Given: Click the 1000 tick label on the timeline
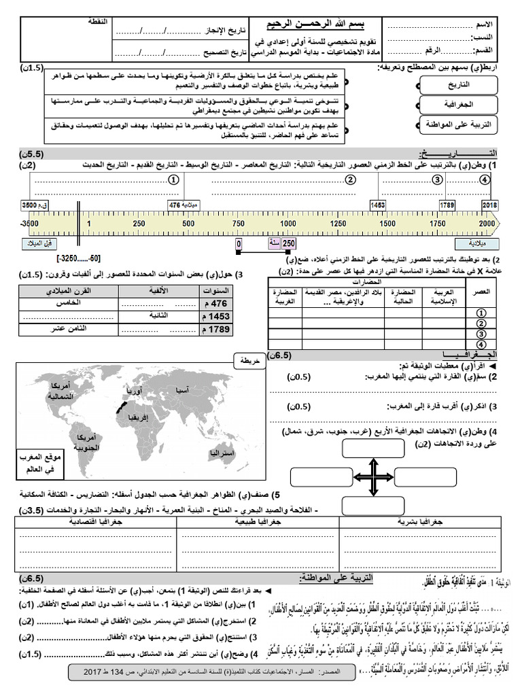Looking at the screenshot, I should pyautogui.click(x=288, y=223).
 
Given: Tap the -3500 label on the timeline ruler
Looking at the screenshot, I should pyautogui.click(x=29, y=223).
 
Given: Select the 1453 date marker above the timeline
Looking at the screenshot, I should pyautogui.click(x=377, y=204).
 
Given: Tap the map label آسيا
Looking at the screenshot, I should pyautogui.click(x=182, y=390).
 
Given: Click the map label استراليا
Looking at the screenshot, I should pyautogui.click(x=222, y=453).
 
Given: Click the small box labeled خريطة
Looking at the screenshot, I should pyautogui.click(x=247, y=362).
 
